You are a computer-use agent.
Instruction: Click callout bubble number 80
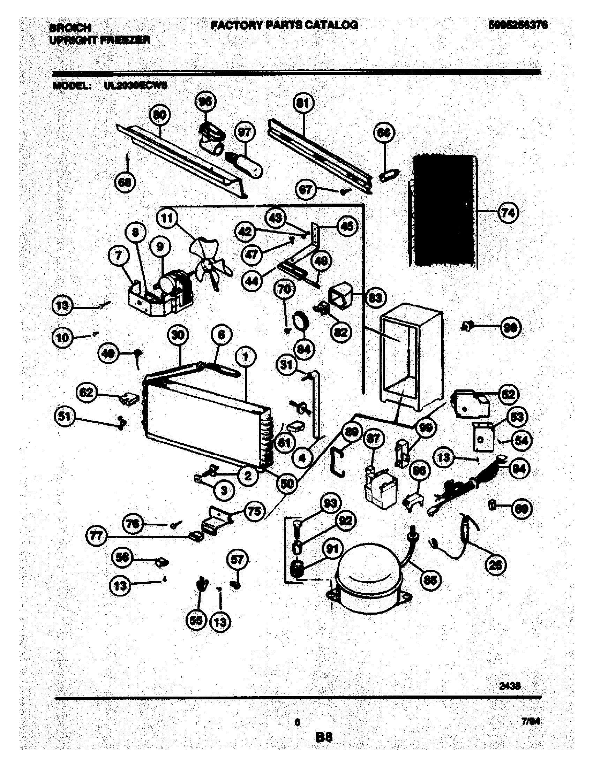point(159,115)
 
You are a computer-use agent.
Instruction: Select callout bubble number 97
point(245,132)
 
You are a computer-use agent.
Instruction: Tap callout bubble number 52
point(508,394)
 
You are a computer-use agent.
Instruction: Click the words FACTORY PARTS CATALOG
point(285,25)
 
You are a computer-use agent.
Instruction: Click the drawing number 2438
point(510,686)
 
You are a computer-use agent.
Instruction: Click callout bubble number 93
point(331,504)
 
